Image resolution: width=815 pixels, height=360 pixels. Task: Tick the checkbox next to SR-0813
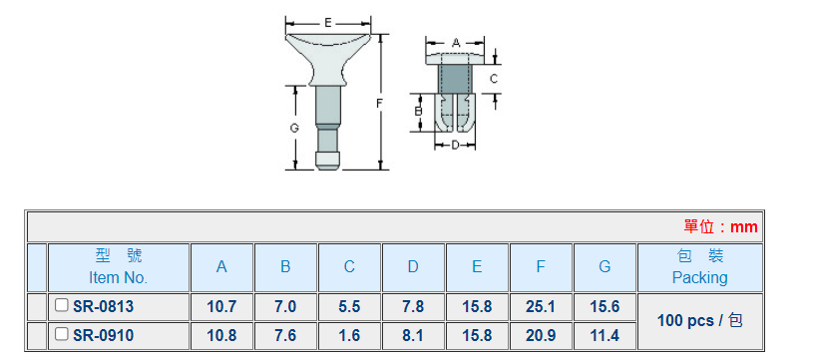coord(61,305)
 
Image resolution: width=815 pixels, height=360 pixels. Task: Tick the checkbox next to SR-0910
coord(61,334)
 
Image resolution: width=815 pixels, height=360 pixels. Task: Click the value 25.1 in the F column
coord(541,307)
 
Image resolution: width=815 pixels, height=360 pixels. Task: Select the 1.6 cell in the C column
coord(349,336)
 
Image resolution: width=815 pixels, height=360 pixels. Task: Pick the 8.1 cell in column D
coord(413,336)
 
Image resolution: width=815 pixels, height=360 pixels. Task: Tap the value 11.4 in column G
coord(605,336)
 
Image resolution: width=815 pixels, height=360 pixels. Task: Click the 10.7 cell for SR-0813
coord(221,307)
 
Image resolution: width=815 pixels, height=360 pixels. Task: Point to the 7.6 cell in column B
coord(285,336)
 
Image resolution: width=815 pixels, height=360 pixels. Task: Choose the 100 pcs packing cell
coord(700,321)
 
